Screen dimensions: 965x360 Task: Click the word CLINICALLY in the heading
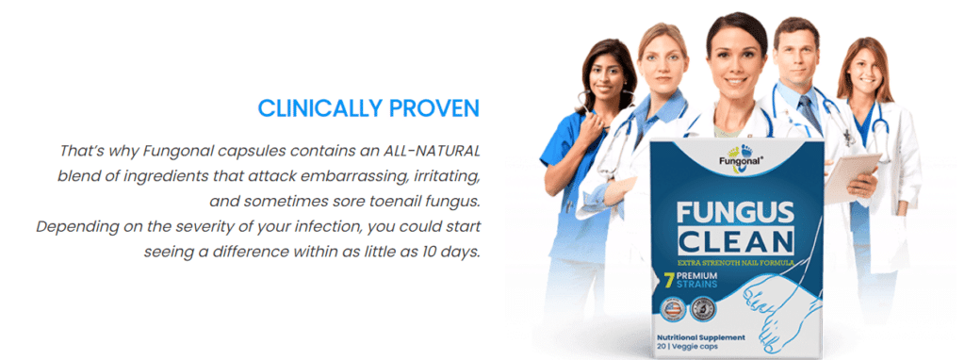pyautogui.click(x=319, y=108)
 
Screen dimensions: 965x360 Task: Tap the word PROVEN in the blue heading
pyautogui.click(x=433, y=108)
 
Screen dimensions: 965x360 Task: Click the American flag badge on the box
pyautogui.click(x=673, y=309)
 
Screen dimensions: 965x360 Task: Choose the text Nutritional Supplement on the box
pyautogui.click(x=701, y=337)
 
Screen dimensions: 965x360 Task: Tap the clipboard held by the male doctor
pyautogui.click(x=851, y=177)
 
